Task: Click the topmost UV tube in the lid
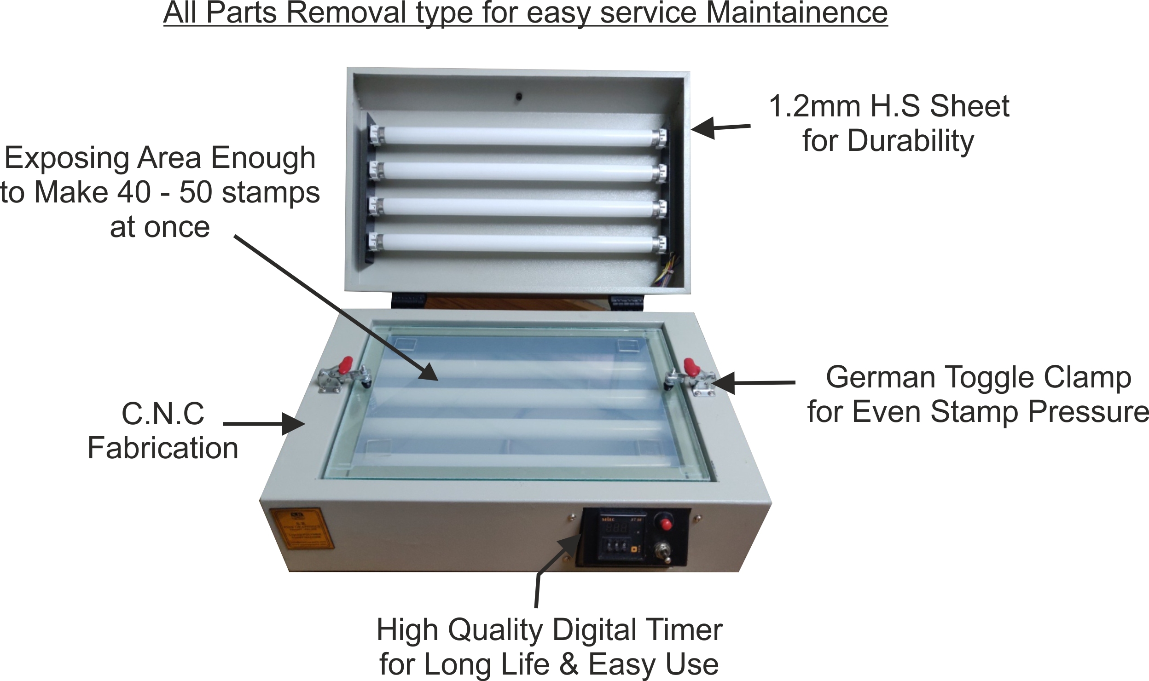517,137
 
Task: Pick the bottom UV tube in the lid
517,243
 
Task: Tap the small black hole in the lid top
518,97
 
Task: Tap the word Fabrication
163,448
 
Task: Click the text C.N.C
163,414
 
